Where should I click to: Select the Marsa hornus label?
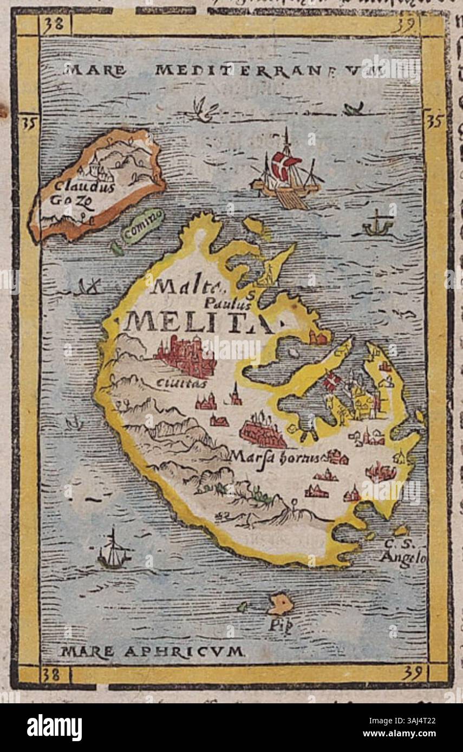(x=275, y=456)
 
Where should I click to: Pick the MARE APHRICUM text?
(x=152, y=651)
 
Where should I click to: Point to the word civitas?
(x=174, y=383)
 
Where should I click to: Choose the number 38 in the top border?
(x=54, y=24)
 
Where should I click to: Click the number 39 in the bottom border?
(x=413, y=673)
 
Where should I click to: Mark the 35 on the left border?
(x=28, y=124)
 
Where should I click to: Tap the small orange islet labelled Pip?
(x=281, y=604)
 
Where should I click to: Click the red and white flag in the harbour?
(x=331, y=381)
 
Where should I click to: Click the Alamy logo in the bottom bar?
(x=55, y=728)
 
